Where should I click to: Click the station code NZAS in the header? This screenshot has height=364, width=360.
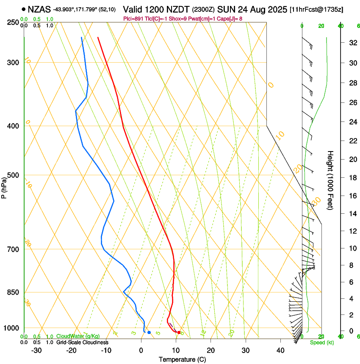tap(39, 8)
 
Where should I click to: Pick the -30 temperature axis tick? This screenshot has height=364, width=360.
tap(36, 350)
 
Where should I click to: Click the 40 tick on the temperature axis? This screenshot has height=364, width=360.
tap(280, 350)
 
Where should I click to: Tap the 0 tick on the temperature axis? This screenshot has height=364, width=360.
tap(141, 350)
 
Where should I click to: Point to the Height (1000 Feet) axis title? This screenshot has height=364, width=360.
tap(330, 180)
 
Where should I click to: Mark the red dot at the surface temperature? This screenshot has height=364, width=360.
tap(179, 333)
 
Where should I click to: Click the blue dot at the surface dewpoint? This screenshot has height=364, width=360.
tap(149, 333)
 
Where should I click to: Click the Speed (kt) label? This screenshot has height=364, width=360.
tap(320, 342)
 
